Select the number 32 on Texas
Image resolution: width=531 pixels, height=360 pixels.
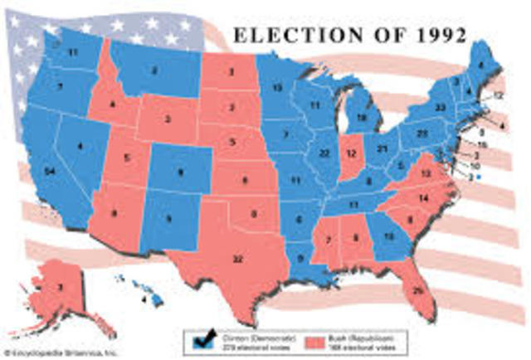[238, 260]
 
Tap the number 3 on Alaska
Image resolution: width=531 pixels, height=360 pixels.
[59, 288]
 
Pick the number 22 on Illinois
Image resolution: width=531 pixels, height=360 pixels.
[324, 154]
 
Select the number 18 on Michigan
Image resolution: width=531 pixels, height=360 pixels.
[362, 119]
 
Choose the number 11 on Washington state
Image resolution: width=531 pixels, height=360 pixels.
[72, 52]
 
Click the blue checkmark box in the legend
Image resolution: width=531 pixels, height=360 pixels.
[201, 339]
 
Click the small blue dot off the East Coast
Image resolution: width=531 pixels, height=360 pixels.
[479, 177]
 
